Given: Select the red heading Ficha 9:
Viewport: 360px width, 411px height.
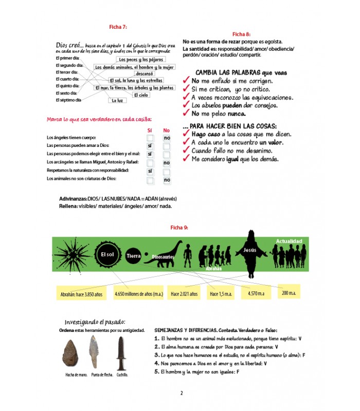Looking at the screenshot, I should pyautogui.click(x=179, y=227).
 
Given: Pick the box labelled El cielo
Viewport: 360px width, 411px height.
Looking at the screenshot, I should pyautogui.click(x=140, y=95).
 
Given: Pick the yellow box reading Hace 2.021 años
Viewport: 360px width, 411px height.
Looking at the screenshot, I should pyautogui.click(x=184, y=294).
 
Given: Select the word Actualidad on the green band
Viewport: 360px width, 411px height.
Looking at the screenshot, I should pyautogui.click(x=289, y=240).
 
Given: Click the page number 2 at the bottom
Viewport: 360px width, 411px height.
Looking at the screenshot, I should pyautogui.click(x=182, y=394).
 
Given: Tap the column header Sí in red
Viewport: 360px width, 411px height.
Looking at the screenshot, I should pyautogui.click(x=150, y=130).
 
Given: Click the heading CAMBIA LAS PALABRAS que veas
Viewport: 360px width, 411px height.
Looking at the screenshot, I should pyautogui.click(x=241, y=73).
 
